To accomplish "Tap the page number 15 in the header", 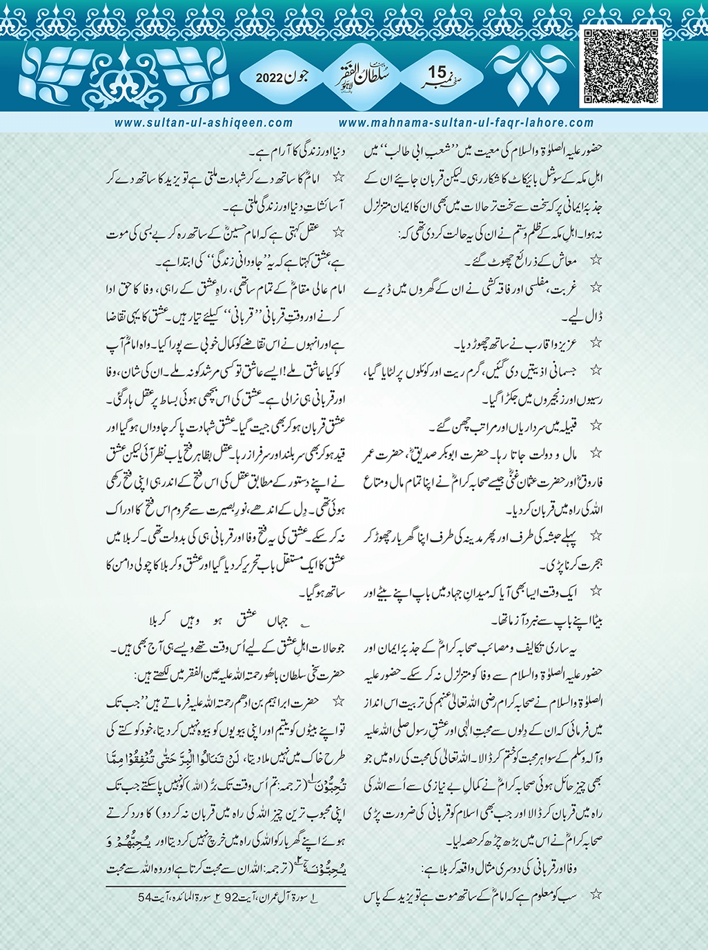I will click(x=437, y=72).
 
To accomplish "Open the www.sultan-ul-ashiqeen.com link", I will click(x=204, y=123).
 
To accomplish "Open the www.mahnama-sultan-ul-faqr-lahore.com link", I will click(x=466, y=123).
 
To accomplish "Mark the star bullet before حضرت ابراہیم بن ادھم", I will click(x=339, y=701).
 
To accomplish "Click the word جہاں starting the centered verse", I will click(x=286, y=620).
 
